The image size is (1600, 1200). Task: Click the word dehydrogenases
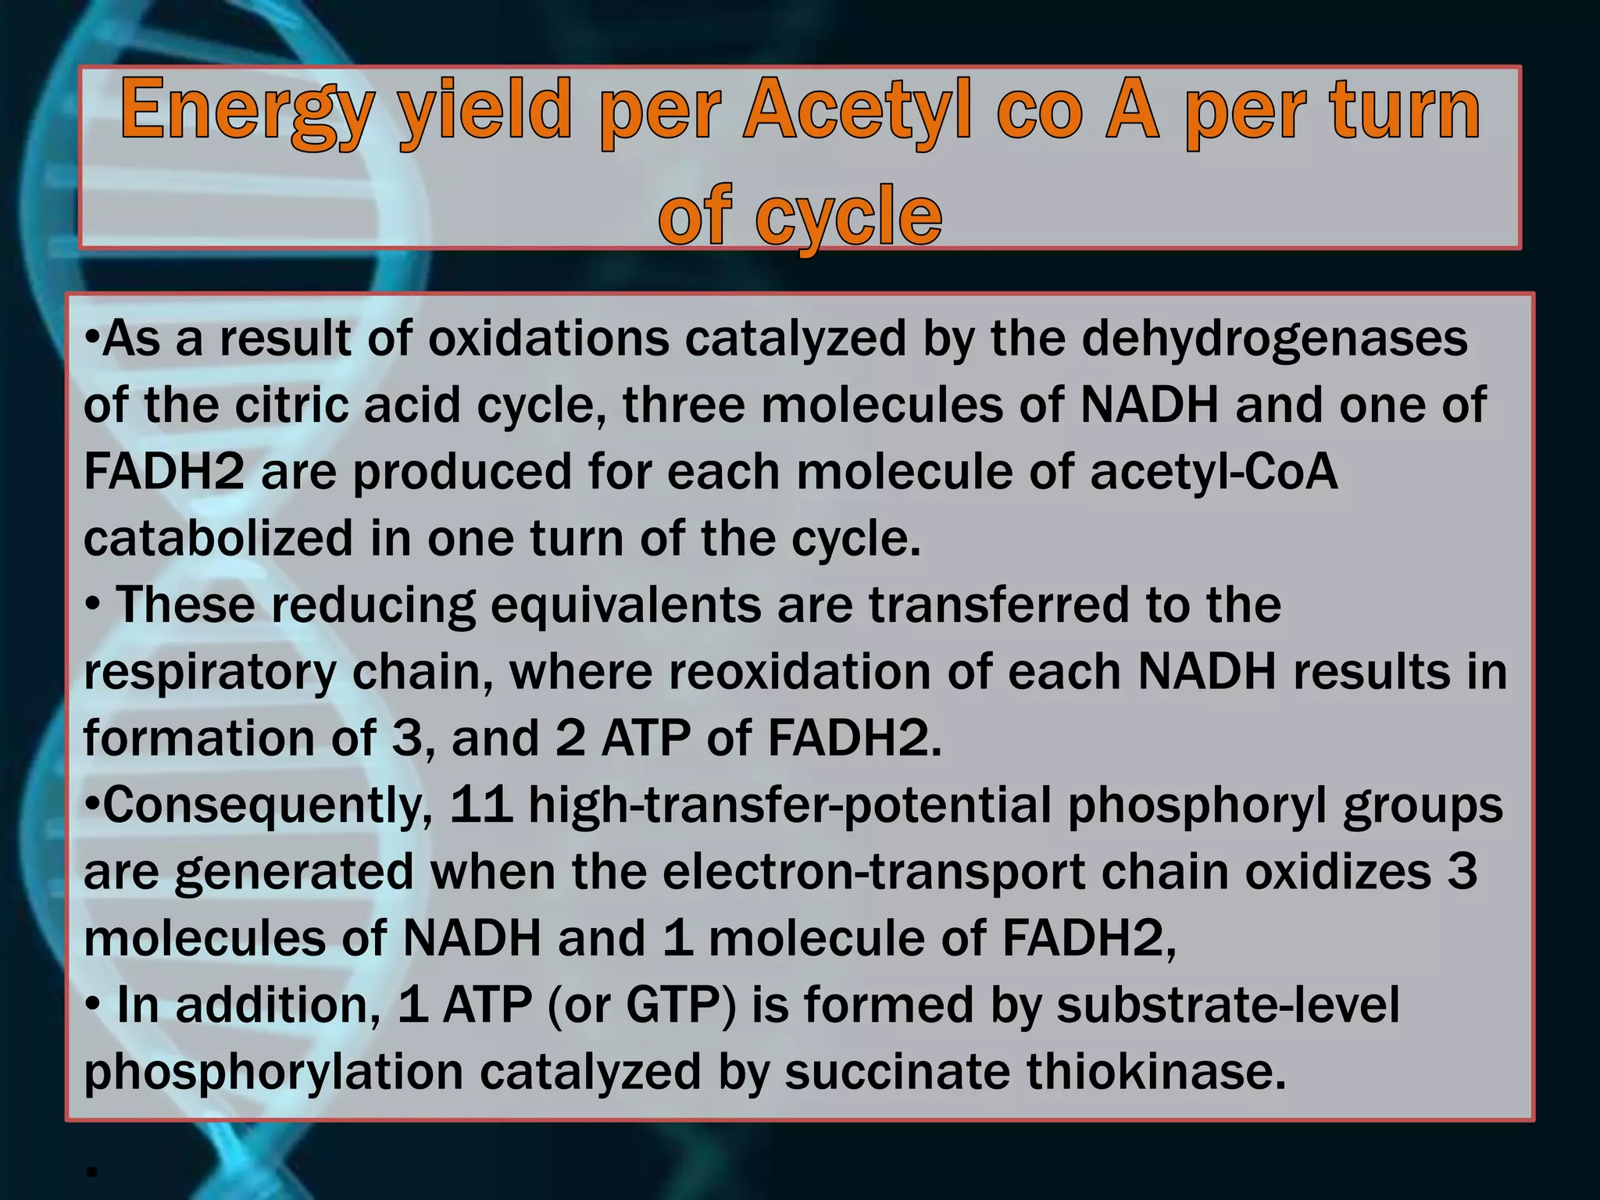(1274, 340)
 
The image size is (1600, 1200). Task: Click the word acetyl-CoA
(1213, 473)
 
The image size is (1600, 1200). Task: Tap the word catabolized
(219, 539)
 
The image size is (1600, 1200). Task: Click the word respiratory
(209, 673)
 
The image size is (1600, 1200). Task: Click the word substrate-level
(1227, 1005)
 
